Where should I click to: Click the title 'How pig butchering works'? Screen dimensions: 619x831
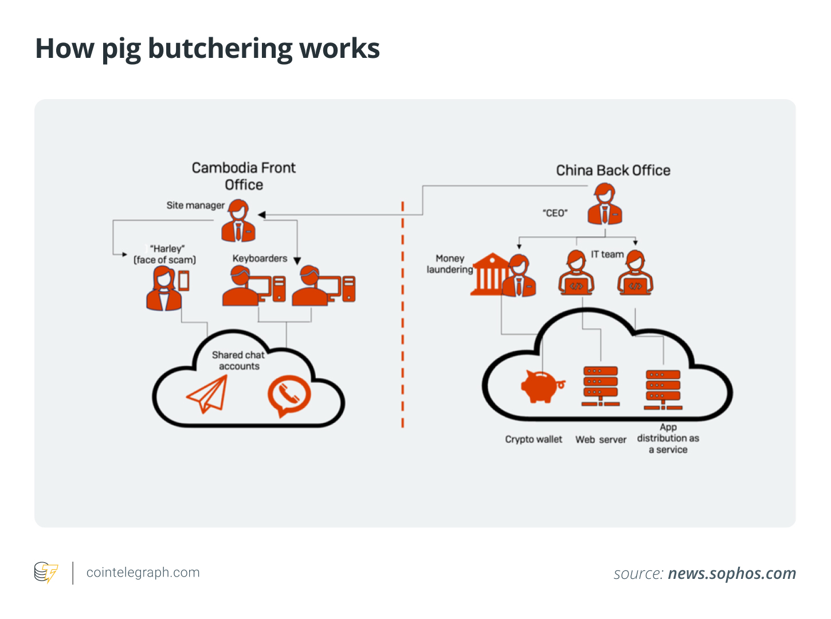point(207,49)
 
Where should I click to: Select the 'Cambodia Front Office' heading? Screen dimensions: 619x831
point(244,176)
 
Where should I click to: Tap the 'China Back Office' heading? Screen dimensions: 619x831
point(613,170)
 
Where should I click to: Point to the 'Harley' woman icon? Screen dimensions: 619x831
point(164,289)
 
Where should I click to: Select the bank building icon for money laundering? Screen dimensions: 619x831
point(489,275)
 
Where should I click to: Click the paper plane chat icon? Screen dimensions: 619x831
point(207,394)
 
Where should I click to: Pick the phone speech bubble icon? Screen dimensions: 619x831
point(289,395)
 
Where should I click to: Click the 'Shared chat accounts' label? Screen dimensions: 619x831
point(238,361)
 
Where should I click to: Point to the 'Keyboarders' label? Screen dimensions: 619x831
point(260,258)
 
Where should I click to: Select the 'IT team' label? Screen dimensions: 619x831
point(607,254)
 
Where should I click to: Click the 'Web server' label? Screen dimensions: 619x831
point(601,440)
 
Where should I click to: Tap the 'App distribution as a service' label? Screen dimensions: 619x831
point(668,438)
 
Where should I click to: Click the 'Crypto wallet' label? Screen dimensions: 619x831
point(533,440)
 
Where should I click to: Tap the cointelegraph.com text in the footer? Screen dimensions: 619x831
point(143,573)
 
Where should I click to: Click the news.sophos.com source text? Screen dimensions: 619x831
point(732,573)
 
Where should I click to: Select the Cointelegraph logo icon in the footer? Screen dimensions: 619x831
point(46,573)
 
